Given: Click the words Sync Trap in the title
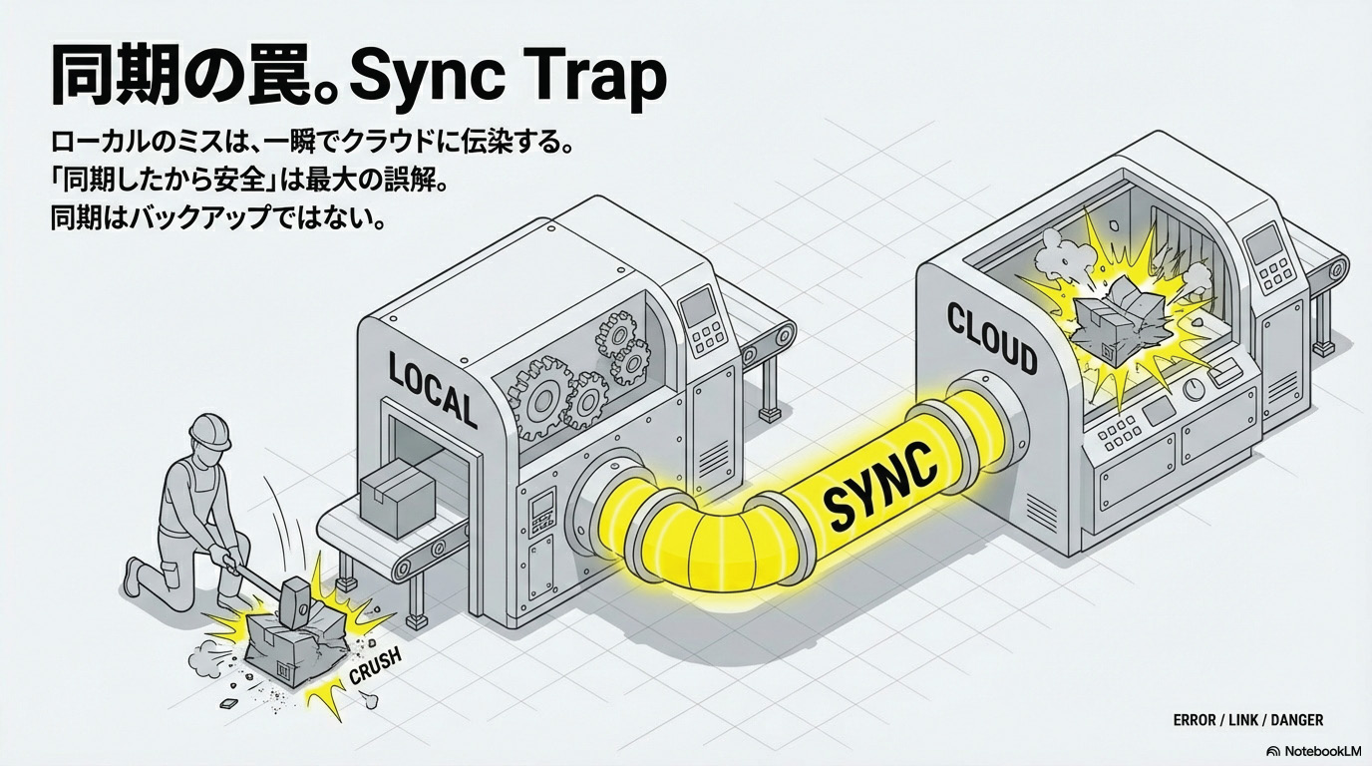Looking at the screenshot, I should [x=509, y=77].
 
